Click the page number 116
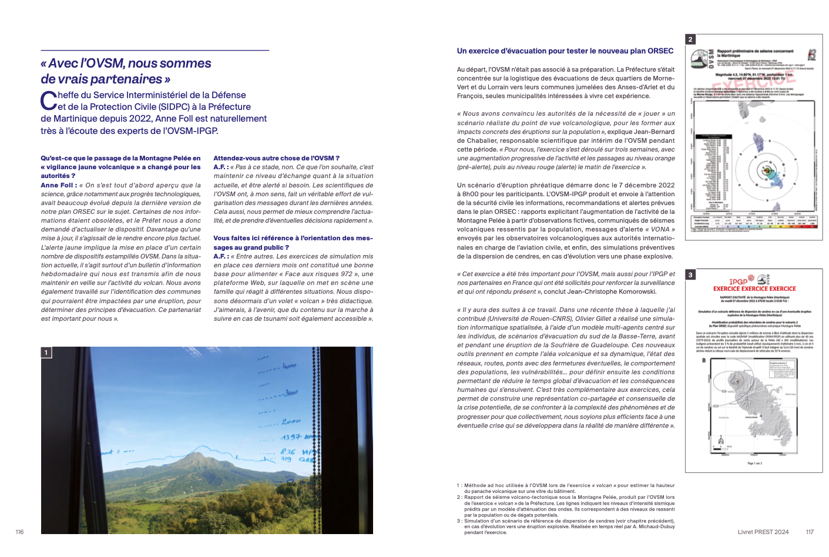(19, 532)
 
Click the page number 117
(810, 532)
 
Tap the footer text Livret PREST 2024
(763, 532)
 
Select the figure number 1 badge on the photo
(46, 353)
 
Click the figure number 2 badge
(691, 39)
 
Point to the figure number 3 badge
(691, 274)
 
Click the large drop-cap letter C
(48, 101)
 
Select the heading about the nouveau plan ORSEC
(565, 51)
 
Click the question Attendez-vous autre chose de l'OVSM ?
(276, 158)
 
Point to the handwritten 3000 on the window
(291, 392)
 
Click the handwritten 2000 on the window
(291, 421)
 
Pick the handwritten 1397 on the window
(292, 437)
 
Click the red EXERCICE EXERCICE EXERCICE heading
(754, 288)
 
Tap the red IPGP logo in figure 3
(738, 281)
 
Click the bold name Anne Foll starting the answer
(58, 185)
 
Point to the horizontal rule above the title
(155, 51)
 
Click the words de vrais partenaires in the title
(101, 79)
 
